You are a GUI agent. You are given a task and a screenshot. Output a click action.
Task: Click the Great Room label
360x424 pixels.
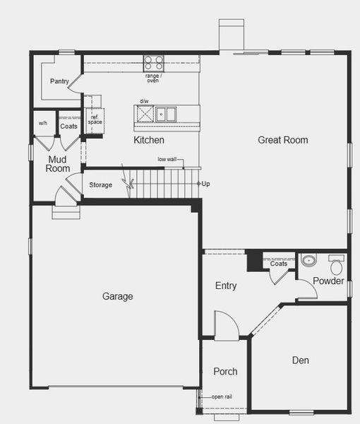click(282, 140)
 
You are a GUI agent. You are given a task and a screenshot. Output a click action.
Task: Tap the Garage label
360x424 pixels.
click(117, 297)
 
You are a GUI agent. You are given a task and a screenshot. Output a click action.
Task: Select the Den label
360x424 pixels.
click(300, 360)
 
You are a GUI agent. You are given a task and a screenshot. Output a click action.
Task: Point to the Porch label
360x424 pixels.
click(225, 371)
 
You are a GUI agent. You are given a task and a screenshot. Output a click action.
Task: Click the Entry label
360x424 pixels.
click(226, 286)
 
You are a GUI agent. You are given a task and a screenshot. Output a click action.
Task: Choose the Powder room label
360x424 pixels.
click(328, 281)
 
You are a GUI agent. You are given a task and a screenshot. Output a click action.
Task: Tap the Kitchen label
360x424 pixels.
click(149, 140)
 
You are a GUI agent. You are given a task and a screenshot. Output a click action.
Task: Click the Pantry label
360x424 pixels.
click(59, 81)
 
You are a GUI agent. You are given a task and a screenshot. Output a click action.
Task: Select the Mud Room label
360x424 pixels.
click(58, 164)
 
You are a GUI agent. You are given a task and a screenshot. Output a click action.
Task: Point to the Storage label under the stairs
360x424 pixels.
click(100, 185)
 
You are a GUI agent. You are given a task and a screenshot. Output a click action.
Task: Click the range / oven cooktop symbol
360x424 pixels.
click(153, 62)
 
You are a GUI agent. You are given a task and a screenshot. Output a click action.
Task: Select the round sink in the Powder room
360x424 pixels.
click(307, 261)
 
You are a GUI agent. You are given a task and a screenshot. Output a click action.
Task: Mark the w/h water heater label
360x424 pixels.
click(43, 124)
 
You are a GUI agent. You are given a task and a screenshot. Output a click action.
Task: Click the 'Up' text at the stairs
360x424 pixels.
click(205, 184)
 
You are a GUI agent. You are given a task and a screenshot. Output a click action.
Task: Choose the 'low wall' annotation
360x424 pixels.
click(167, 160)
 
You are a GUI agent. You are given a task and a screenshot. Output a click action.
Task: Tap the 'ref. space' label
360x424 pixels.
click(95, 119)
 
